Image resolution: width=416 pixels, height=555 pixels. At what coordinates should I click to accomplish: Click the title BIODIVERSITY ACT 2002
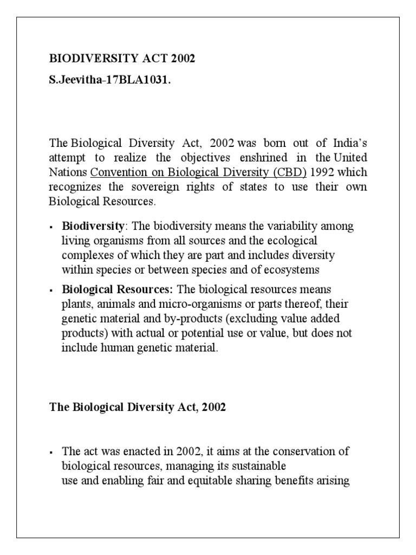[122, 59]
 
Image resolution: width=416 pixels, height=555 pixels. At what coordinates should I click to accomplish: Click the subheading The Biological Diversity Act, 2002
[138, 408]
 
